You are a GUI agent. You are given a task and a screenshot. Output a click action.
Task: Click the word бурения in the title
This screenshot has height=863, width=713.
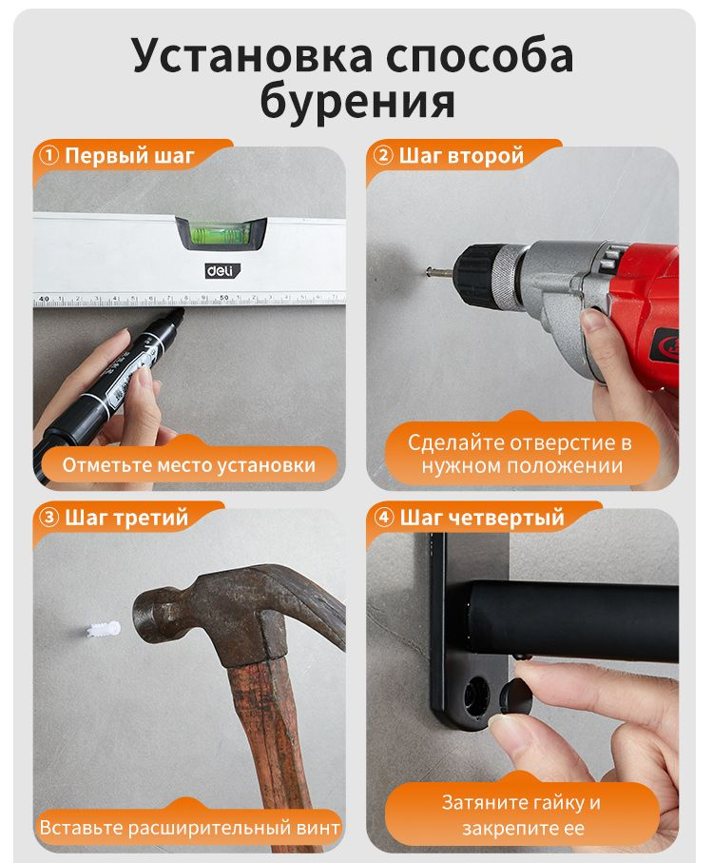click(x=357, y=102)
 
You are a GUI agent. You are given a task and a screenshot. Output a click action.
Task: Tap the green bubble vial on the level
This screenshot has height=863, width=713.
click(x=221, y=232)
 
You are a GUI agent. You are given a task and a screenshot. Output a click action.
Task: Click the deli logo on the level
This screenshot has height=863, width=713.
click(x=222, y=270)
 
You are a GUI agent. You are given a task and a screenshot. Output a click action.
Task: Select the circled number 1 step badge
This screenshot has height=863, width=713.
click(x=48, y=156)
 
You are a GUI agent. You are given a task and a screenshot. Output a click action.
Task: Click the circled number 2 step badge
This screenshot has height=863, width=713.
click(x=383, y=156)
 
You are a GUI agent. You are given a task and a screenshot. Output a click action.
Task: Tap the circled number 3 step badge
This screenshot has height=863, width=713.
click(x=48, y=518)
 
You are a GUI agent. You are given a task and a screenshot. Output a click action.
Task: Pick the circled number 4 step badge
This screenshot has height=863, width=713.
click(x=384, y=518)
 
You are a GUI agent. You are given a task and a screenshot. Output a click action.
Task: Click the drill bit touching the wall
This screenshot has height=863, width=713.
click(x=440, y=271)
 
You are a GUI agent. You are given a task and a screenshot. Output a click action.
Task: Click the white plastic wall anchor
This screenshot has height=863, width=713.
click(x=104, y=630)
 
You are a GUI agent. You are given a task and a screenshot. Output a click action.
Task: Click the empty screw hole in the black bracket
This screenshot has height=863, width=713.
click(x=476, y=696)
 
